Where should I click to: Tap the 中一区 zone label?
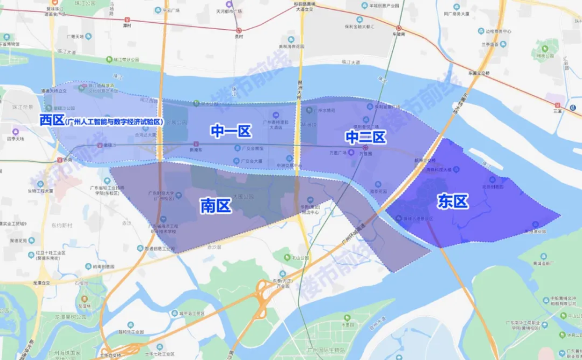point(231,131)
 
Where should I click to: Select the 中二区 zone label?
point(365,137)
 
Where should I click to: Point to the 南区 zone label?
point(216,205)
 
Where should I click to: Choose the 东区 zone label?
point(453,201)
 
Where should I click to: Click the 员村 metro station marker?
point(239,30)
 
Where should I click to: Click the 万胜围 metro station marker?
point(365,148)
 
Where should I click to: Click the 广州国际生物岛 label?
point(326,350)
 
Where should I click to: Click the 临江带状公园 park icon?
point(108,59)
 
